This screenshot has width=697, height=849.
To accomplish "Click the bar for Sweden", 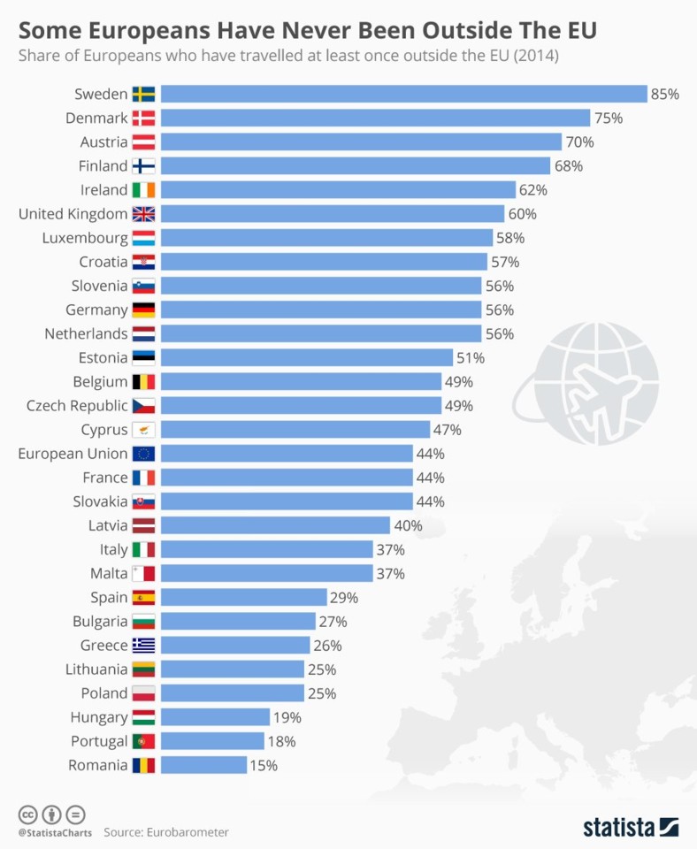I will tap(404, 94).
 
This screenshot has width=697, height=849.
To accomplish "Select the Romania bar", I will tap(203, 765).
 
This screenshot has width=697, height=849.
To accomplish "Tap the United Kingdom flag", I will tap(143, 214).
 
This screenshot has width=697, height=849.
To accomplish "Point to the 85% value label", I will tap(664, 94).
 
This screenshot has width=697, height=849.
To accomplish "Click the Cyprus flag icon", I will tap(143, 430).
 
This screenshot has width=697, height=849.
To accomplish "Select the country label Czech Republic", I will tap(77, 406).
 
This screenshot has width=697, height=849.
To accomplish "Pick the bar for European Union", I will tap(287, 454).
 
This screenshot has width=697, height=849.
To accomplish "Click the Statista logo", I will tap(631, 827).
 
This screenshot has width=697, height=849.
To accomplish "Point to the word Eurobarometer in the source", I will tap(185, 832).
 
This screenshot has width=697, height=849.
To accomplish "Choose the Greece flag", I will tap(143, 646).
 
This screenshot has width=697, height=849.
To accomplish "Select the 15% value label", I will tap(264, 765).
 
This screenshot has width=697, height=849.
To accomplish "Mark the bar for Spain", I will tap(244, 598).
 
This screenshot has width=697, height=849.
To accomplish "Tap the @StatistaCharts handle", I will tap(53, 832).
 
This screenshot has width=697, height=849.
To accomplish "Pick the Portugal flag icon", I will tap(143, 741).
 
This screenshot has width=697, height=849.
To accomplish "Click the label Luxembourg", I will tap(85, 238).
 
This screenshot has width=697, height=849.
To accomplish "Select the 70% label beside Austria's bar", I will tap(580, 141).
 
